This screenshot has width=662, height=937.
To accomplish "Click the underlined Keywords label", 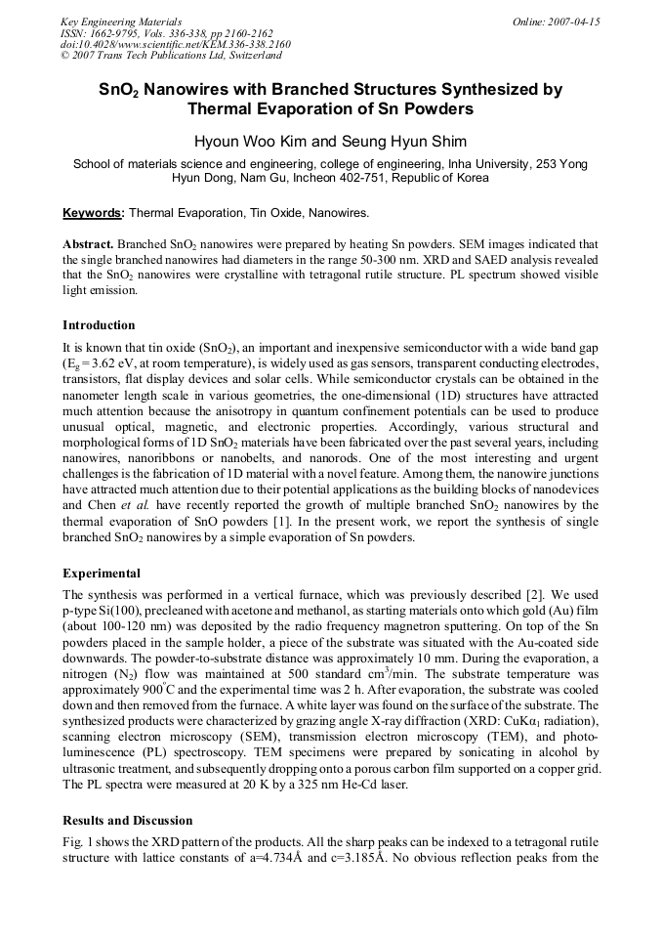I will pyautogui.click(x=94, y=212).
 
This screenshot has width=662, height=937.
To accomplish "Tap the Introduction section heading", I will pyautogui.click(x=99, y=324).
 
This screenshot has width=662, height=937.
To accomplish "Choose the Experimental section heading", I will pyautogui.click(x=102, y=574).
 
